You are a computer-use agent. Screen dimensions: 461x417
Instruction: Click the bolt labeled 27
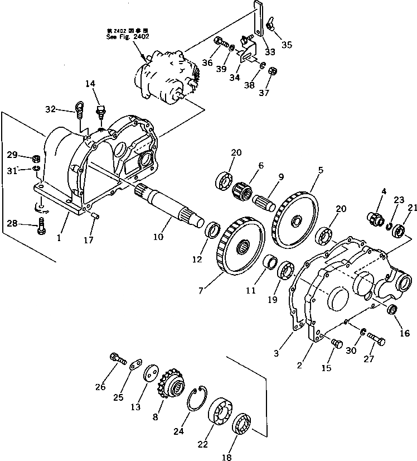click(377, 339)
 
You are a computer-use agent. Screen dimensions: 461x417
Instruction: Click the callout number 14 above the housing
click(90, 84)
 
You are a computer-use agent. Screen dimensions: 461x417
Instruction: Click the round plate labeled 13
click(149, 374)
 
